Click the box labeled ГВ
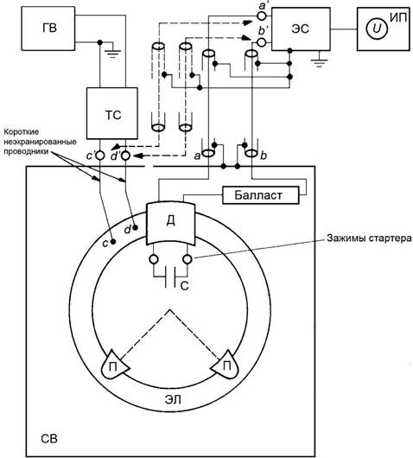click(48, 29)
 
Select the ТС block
click(112, 113)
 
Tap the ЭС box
click(301, 29)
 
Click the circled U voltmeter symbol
click(377, 29)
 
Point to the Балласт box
click(261, 195)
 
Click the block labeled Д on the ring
click(170, 224)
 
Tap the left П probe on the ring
click(115, 366)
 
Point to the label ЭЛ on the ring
click(173, 399)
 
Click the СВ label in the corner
click(49, 438)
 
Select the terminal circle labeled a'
click(262, 16)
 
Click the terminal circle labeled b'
click(262, 42)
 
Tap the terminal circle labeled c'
click(100, 156)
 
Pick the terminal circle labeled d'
click(125, 156)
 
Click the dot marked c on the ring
click(113, 242)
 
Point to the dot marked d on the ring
click(135, 227)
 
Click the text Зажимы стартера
click(369, 239)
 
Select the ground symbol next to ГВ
click(112, 52)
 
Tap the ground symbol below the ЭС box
click(319, 60)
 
